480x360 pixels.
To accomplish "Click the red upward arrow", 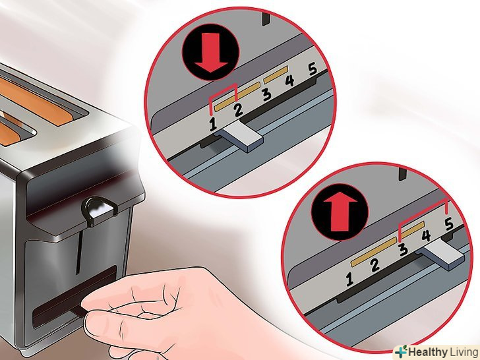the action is pos(340,212).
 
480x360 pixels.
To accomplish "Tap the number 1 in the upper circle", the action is pos(213,124).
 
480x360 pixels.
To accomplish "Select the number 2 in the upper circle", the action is pos(239,110).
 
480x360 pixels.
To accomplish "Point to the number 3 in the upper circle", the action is pos(267,94).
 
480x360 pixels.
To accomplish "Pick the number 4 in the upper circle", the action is pos(289,80).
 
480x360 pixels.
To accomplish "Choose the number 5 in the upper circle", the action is pos(313,69).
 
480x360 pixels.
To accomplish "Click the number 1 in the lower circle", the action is pos(349,279).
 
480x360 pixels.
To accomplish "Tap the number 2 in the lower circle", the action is pos(375,265).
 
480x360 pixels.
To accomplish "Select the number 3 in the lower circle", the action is pos(404,249).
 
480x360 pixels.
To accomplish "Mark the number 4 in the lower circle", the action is pos(426,236).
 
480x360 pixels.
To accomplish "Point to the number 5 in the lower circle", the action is pos(449,224).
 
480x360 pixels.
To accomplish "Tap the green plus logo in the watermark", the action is pos(402,351).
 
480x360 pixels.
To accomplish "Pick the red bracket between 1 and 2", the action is pos(224,92).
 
